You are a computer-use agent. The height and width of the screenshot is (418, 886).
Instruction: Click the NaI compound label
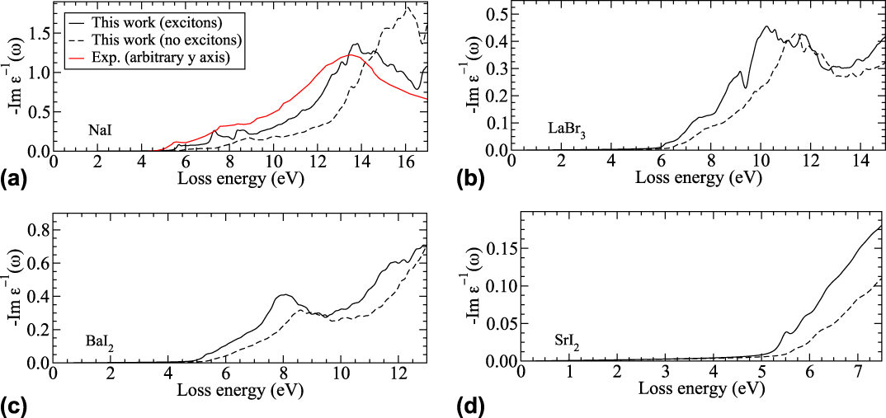[x=101, y=130]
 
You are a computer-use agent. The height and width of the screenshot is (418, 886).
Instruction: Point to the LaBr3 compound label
[x=567, y=129]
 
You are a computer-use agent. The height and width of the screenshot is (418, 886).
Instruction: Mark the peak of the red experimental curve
[x=351, y=54]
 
